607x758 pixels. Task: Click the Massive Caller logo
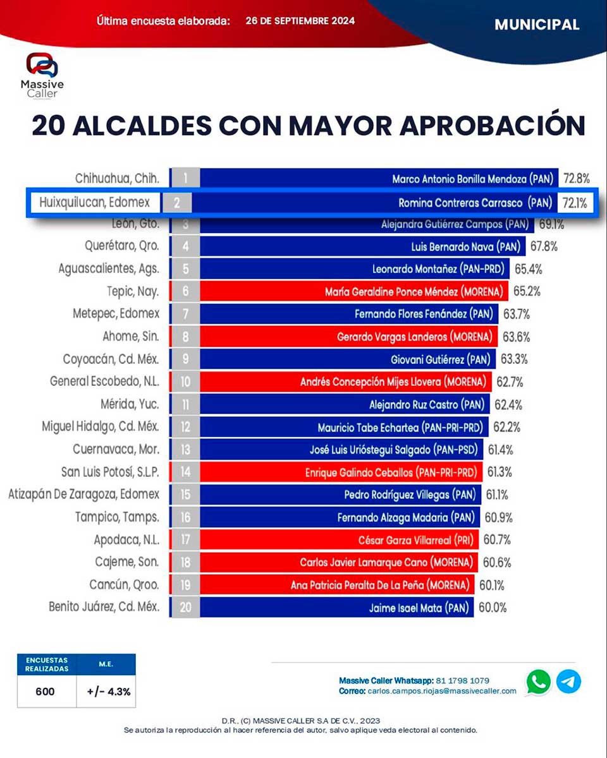42,75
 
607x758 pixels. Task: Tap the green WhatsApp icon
539,682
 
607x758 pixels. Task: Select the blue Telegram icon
568,682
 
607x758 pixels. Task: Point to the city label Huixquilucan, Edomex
94,202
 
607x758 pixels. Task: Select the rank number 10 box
185,382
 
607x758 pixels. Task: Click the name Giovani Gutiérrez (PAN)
441,359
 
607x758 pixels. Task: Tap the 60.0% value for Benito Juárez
492,608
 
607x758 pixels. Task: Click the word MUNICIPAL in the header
537,25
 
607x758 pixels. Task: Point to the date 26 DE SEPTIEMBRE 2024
300,21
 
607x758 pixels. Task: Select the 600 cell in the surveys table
46,691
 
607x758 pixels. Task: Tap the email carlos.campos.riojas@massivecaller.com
441,691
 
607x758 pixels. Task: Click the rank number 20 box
185,608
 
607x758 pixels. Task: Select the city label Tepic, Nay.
133,291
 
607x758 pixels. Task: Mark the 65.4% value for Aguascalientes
528,269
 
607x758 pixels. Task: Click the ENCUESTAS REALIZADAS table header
47,664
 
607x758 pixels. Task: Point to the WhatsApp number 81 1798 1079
462,680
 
